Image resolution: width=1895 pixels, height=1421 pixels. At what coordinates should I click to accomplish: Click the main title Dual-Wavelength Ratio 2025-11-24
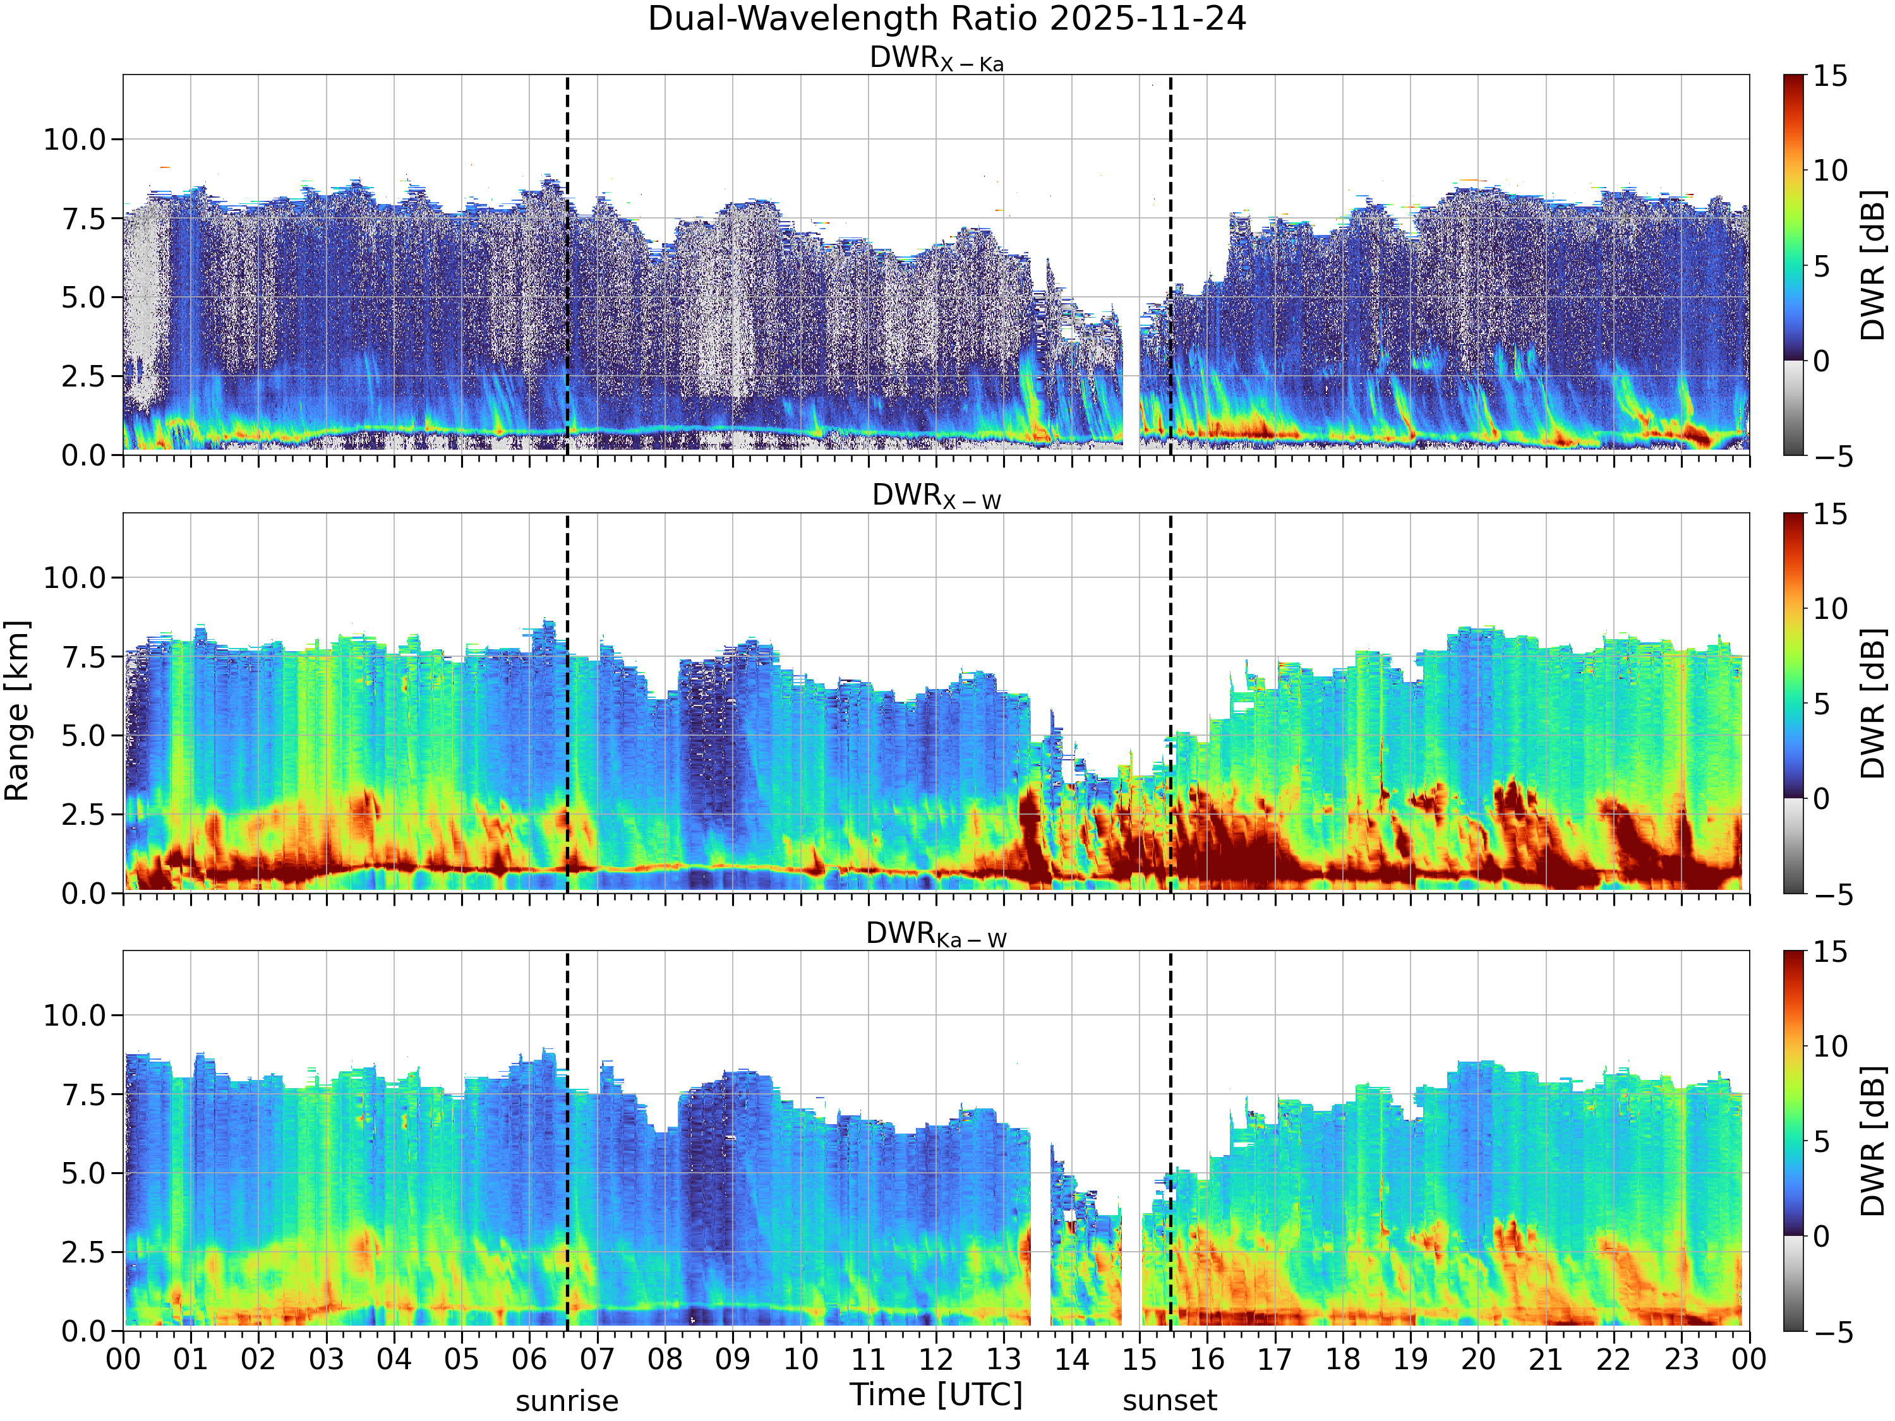pos(947,19)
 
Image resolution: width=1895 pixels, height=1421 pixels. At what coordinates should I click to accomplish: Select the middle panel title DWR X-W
pos(936,497)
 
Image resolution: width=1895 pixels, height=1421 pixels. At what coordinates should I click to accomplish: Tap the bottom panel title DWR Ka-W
pos(936,935)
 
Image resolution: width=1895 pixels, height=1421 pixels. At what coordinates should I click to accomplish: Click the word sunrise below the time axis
pos(567,1401)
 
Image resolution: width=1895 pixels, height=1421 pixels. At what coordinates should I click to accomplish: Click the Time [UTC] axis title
pos(936,1394)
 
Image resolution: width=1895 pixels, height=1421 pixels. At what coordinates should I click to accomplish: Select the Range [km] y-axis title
pos(17,711)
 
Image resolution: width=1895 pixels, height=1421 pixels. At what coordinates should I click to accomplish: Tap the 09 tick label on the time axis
pos(733,1359)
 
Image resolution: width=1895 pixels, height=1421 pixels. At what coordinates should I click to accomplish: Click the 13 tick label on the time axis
pos(1004,1359)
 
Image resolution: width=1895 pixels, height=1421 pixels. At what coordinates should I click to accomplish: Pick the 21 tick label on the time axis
pos(1546,1359)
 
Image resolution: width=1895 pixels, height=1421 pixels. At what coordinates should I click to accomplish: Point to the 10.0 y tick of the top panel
pos(75,139)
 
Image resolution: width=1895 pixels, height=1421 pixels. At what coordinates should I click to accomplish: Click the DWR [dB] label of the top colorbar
pos(1874,265)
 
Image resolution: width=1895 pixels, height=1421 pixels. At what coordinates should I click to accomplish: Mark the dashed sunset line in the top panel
pos(1170,265)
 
